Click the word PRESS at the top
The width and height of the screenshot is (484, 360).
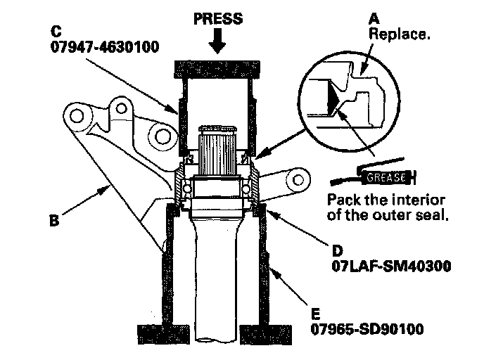(x=218, y=18)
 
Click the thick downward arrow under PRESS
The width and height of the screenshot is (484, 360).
(x=217, y=41)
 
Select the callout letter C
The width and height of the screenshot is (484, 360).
(x=56, y=31)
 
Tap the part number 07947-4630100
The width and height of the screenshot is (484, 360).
(x=105, y=47)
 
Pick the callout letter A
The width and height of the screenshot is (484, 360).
(x=374, y=19)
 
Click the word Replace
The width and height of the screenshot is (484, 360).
(x=400, y=34)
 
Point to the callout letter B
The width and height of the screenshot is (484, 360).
(x=54, y=221)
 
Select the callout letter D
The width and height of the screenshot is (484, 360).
(x=338, y=251)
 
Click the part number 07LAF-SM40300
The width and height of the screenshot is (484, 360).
(x=391, y=266)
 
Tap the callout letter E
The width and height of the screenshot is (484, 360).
(x=315, y=314)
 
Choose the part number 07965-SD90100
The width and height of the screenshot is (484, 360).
(x=367, y=329)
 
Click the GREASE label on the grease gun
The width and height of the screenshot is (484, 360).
(x=386, y=177)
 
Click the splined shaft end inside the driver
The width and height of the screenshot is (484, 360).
(x=217, y=151)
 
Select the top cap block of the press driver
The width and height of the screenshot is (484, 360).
(x=217, y=69)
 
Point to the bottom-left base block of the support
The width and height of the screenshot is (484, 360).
(x=164, y=335)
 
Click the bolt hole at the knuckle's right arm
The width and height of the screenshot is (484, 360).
(x=298, y=180)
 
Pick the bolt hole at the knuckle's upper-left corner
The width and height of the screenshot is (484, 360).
(x=76, y=116)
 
